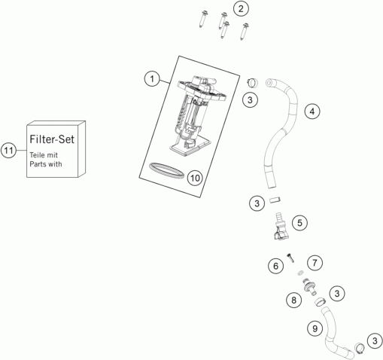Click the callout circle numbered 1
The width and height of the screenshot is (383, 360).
(x=152, y=79)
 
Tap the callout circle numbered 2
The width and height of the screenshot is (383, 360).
(x=241, y=9)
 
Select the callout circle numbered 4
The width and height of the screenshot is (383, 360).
(x=312, y=111)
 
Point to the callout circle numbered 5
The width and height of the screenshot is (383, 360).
(x=299, y=223)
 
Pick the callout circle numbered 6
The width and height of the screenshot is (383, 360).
(x=275, y=266)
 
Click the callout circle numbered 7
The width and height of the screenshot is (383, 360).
(x=315, y=263)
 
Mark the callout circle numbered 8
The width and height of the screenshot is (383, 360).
(x=293, y=300)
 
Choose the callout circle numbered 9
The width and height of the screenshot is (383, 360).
(x=315, y=328)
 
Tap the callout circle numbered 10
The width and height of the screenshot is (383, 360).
(x=195, y=178)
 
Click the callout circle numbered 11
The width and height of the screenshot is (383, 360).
(x=8, y=151)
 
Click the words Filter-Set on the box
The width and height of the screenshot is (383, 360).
(x=52, y=139)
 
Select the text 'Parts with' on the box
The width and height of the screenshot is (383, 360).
(x=46, y=164)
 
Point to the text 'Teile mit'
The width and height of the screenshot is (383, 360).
(x=44, y=155)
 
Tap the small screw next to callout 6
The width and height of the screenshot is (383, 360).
(x=290, y=258)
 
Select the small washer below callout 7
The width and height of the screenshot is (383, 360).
(x=299, y=273)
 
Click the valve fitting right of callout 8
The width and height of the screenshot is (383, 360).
(x=310, y=287)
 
